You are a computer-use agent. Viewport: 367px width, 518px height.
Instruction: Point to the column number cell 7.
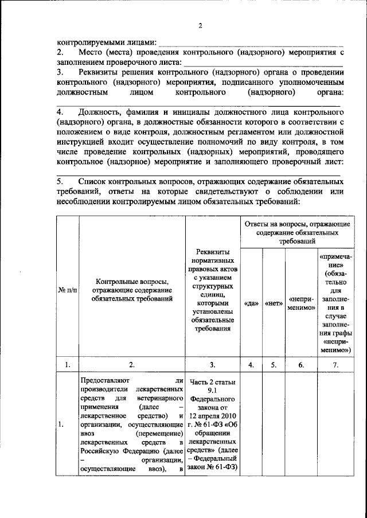point(335,364)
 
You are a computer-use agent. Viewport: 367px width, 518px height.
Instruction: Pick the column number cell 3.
point(213,364)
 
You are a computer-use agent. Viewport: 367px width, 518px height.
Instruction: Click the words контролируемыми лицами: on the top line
point(106,42)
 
